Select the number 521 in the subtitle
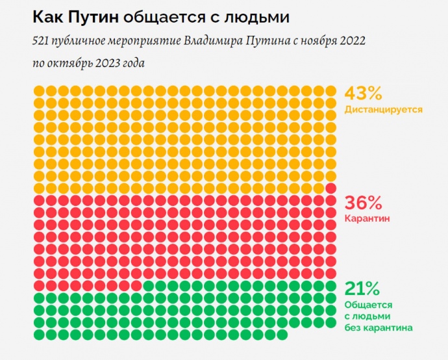[x=40, y=41]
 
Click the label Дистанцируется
[x=384, y=110]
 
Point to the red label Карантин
[x=367, y=218]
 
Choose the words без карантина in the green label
[x=379, y=328]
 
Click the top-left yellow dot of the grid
[x=39, y=91]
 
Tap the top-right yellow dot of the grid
[x=330, y=91]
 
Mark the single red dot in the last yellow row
[x=330, y=188]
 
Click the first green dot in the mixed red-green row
[x=148, y=286]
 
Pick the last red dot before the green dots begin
[x=136, y=286]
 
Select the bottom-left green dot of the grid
[x=39, y=335]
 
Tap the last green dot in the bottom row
[x=282, y=335]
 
